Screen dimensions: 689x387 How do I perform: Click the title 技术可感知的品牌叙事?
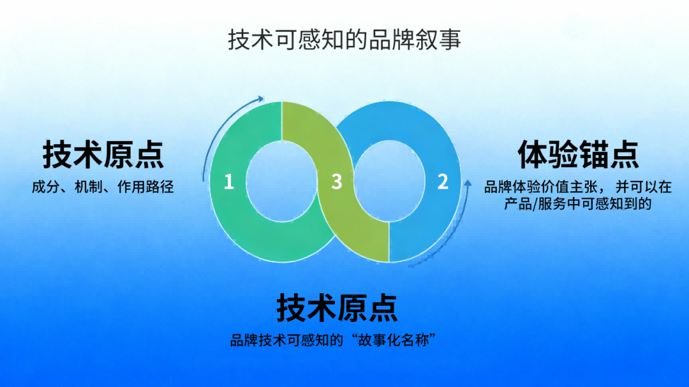[344, 40]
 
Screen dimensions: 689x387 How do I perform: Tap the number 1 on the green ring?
[228, 182]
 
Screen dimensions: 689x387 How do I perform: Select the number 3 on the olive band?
[337, 182]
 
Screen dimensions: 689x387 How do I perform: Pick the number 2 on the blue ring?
[443, 182]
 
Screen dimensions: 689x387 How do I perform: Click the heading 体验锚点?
[578, 155]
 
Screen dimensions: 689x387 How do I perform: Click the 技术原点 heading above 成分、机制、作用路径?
[103, 155]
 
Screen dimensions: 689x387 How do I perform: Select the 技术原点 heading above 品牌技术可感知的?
[337, 308]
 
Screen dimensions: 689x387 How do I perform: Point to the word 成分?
[46, 187]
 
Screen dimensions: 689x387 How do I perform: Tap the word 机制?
[88, 187]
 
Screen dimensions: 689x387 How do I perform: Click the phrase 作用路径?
[145, 187]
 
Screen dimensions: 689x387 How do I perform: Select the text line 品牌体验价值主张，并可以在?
[578, 187]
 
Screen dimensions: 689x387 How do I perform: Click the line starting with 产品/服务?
[577, 204]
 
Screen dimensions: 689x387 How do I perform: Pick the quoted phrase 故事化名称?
[393, 340]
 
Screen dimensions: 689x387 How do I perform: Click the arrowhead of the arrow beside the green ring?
[261, 99]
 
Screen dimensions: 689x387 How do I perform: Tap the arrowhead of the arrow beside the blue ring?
[468, 183]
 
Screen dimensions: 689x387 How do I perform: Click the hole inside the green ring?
[282, 182]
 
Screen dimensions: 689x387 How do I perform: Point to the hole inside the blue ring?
[389, 182]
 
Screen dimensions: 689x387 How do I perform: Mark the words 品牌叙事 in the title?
[415, 40]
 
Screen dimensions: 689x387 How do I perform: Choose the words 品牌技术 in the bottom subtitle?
[258, 340]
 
